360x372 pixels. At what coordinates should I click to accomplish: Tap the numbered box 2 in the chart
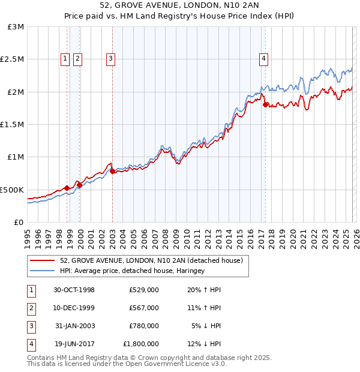(x=78, y=58)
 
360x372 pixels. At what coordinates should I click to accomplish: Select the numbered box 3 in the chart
(x=112, y=58)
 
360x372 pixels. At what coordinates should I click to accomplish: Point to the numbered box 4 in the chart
(x=263, y=58)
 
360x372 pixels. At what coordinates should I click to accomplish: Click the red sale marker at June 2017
(x=265, y=104)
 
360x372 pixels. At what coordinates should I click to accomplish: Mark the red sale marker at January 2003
(x=112, y=171)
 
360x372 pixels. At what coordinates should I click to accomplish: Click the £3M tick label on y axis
(x=17, y=27)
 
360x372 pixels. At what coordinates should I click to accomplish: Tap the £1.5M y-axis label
(x=13, y=125)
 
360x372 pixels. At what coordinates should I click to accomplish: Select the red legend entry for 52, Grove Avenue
(x=151, y=260)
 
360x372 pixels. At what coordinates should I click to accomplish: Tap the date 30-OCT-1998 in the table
(x=74, y=290)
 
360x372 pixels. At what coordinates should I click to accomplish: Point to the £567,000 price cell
(x=143, y=308)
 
